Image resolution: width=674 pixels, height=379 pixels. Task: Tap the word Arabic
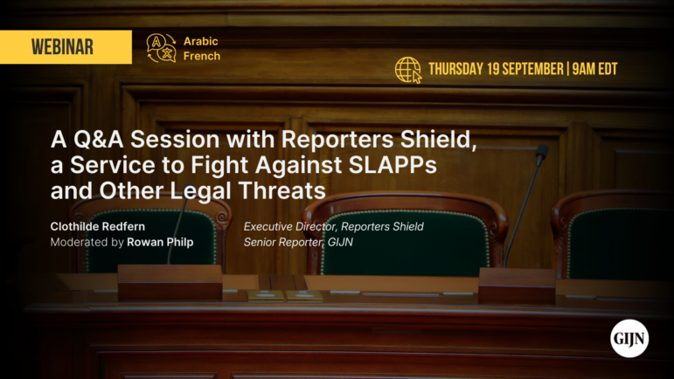(201, 41)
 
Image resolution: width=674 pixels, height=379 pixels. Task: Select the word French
(201, 56)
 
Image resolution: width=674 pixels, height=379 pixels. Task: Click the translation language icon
(161, 47)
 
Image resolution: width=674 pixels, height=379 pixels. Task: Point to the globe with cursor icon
(408, 70)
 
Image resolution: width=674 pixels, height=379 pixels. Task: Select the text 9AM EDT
(594, 70)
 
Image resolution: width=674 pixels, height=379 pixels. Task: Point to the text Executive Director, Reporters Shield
(333, 226)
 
